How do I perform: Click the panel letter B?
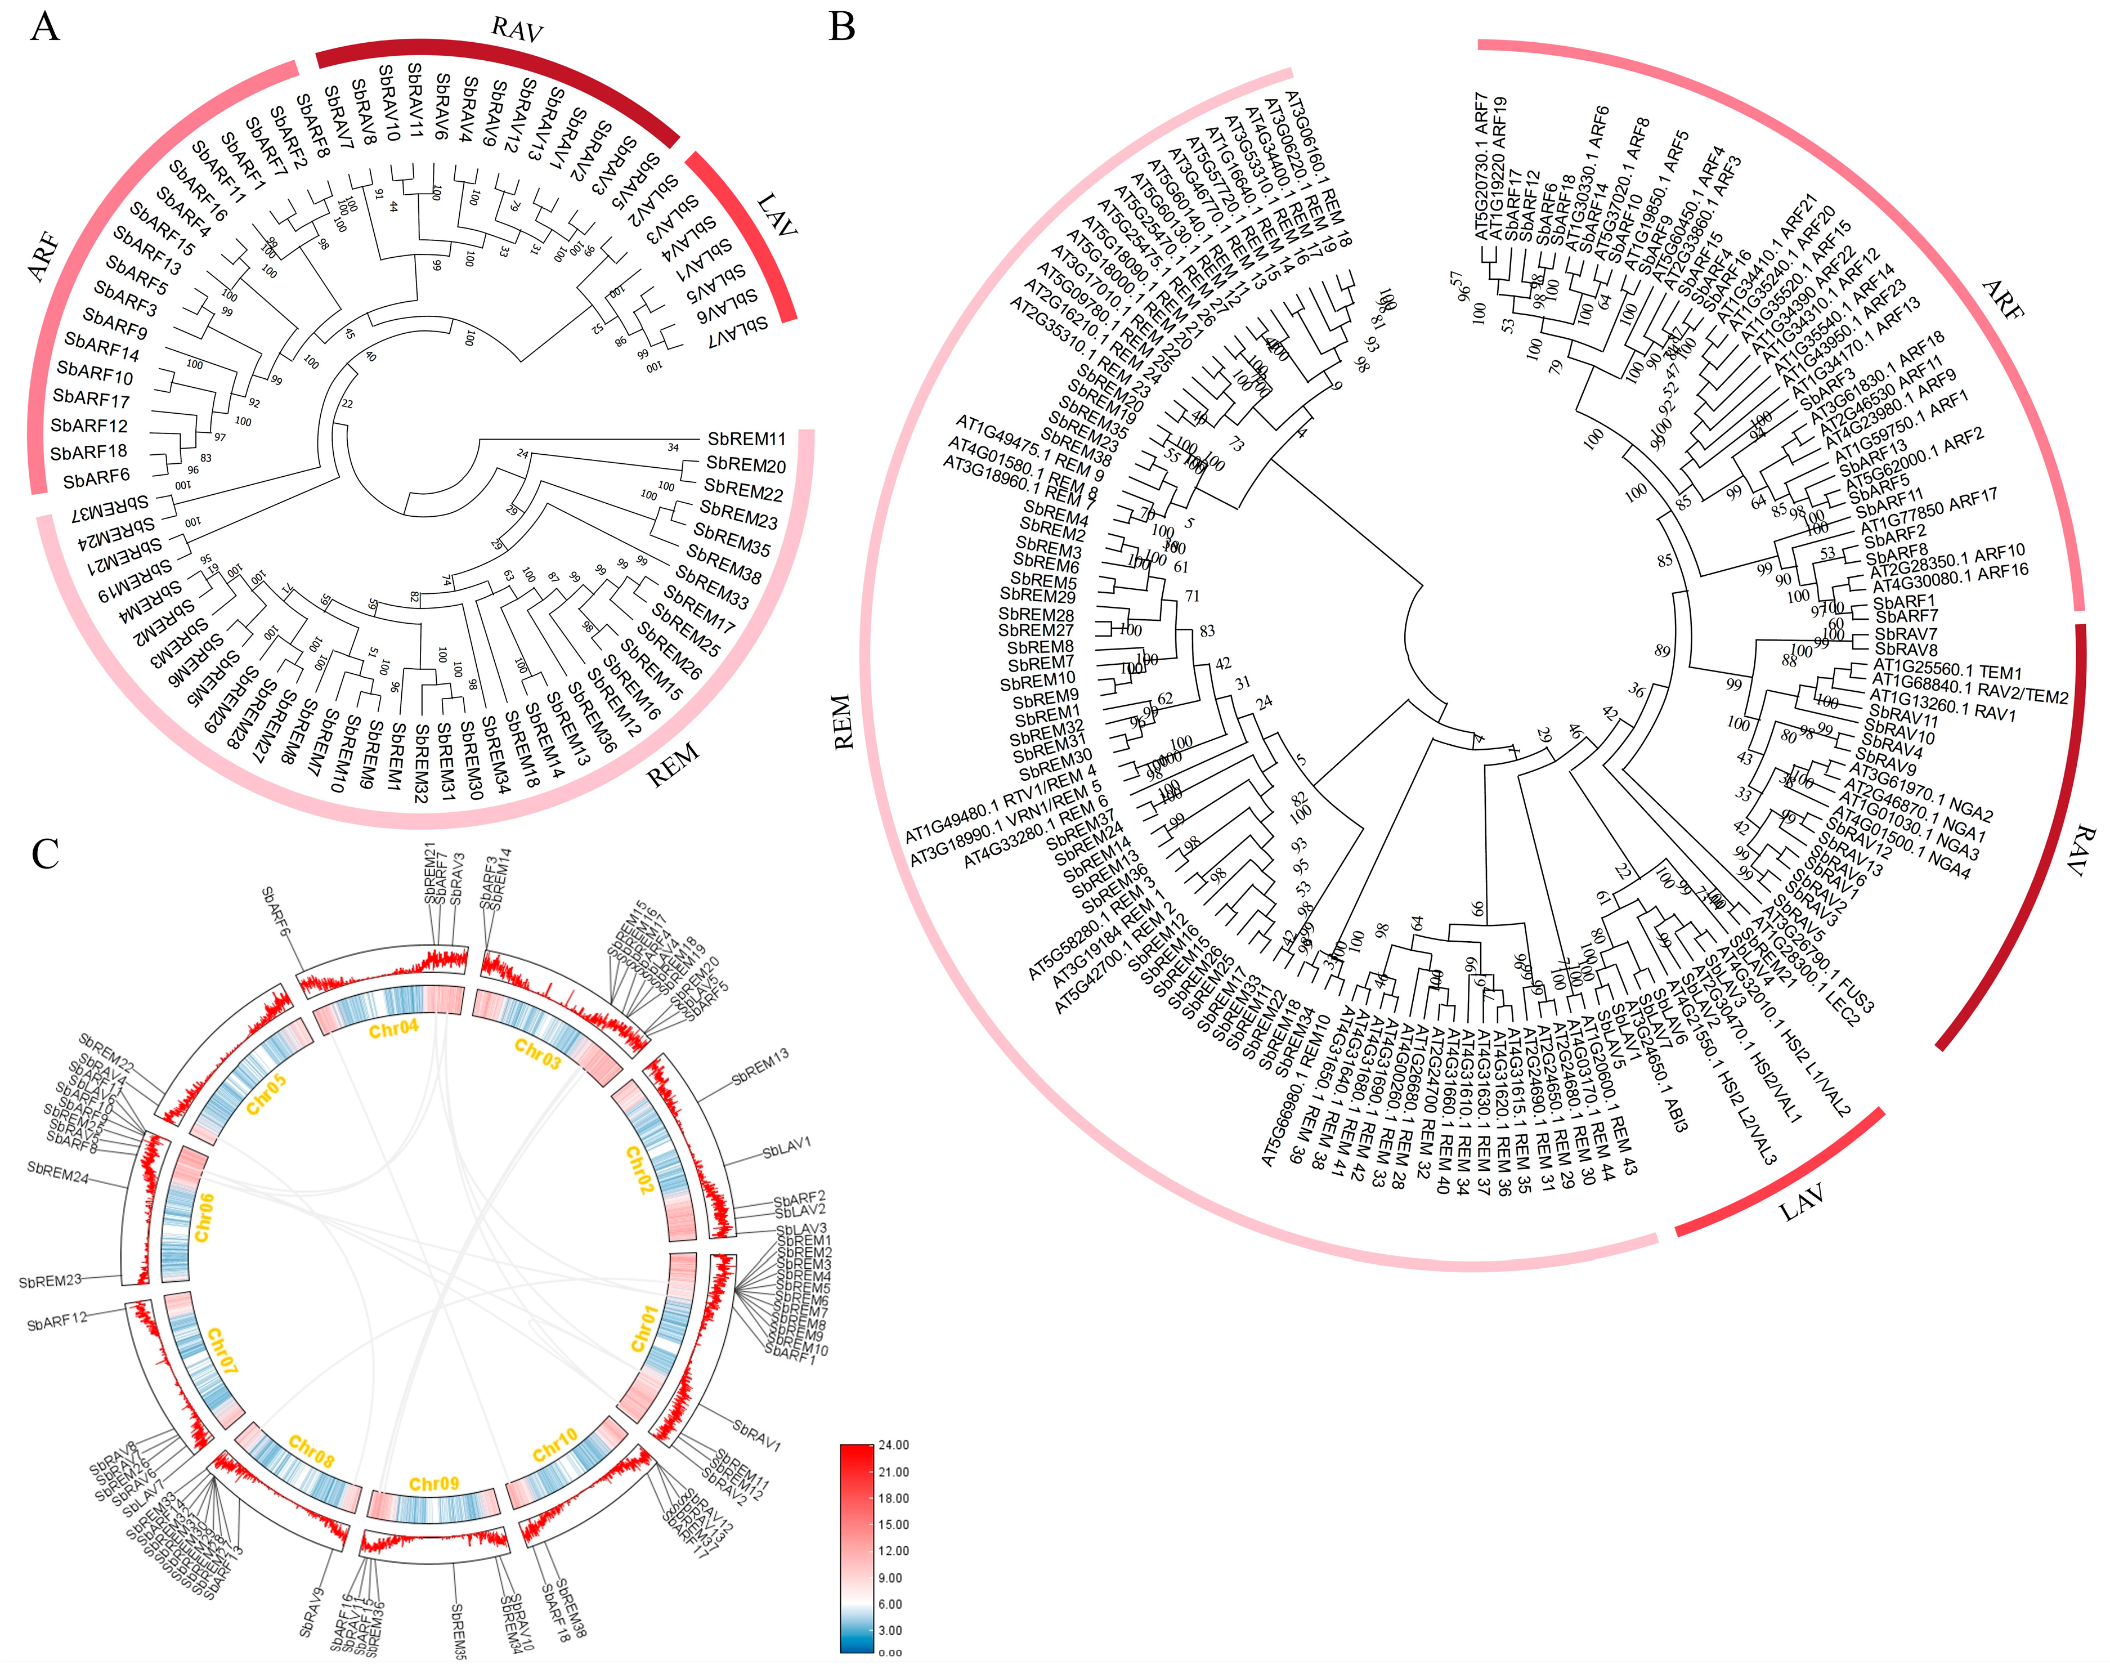pos(842,26)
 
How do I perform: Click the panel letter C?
pos(45,853)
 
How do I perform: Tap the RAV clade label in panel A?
pos(516,29)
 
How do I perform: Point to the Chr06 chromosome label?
pos(203,1218)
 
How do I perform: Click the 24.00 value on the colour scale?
pos(893,1445)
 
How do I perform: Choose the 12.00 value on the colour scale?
pos(893,1551)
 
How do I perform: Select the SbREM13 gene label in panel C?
pos(760,1066)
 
